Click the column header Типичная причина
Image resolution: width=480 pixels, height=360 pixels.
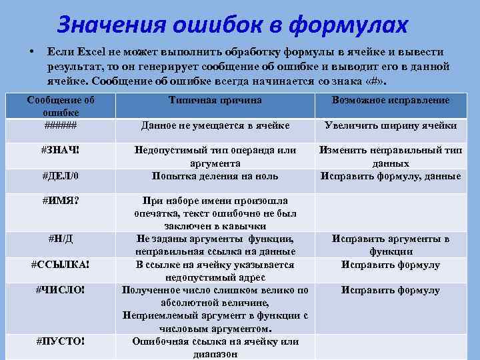(215, 100)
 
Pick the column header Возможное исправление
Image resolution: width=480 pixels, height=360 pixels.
(390, 100)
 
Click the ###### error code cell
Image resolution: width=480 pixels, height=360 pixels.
(60, 125)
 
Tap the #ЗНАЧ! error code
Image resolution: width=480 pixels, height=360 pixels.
(60, 150)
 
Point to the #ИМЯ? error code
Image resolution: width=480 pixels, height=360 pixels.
(60, 201)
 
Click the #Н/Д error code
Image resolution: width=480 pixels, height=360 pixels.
(60, 239)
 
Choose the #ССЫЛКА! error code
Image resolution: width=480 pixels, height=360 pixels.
(60, 265)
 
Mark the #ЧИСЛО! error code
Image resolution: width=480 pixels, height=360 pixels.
(60, 290)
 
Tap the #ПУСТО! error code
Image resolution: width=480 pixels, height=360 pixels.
(60, 342)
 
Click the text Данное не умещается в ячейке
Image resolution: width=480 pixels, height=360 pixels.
(215, 125)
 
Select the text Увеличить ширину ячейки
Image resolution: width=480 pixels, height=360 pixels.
(390, 125)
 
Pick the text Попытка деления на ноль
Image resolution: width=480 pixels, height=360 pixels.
(215, 176)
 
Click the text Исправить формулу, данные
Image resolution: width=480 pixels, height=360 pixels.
(390, 176)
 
